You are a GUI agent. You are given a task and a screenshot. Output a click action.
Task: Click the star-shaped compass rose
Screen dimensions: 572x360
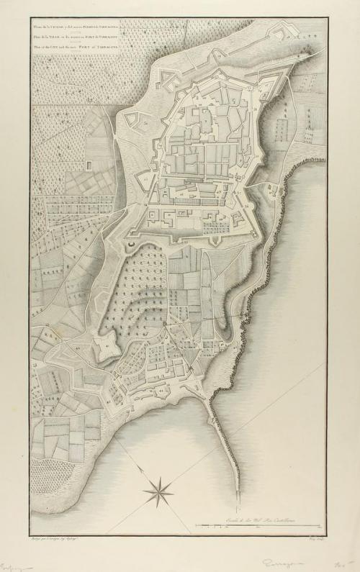[157, 494]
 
